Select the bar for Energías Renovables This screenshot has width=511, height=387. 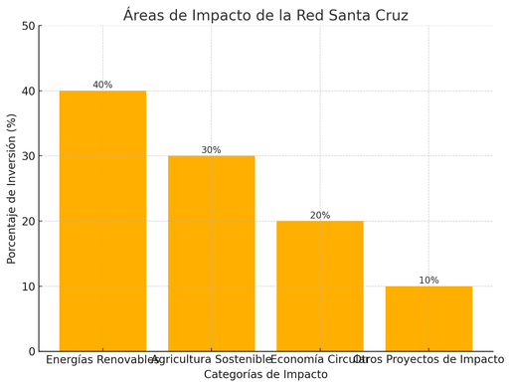pyautogui.click(x=102, y=221)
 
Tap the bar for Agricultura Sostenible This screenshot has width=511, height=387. pyautogui.click(x=211, y=253)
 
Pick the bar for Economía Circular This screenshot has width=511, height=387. pyautogui.click(x=319, y=286)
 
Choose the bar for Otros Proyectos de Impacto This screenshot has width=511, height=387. pyautogui.click(x=428, y=318)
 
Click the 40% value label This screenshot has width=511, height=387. pyautogui.click(x=102, y=85)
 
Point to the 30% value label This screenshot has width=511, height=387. pyautogui.click(x=211, y=150)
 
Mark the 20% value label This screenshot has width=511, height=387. pyautogui.click(x=319, y=215)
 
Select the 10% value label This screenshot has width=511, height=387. pyautogui.click(x=428, y=281)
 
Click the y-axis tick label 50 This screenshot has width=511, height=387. pyautogui.click(x=27, y=26)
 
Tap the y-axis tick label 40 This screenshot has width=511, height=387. pyautogui.click(x=27, y=92)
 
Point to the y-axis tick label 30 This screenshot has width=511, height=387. pyautogui.click(x=27, y=156)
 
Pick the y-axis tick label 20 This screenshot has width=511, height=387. pyautogui.click(x=27, y=222)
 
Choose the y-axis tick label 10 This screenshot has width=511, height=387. pyautogui.click(x=27, y=287)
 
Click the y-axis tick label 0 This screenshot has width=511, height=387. pyautogui.click(x=31, y=352)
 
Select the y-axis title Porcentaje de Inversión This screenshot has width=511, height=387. pyautogui.click(x=12, y=188)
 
